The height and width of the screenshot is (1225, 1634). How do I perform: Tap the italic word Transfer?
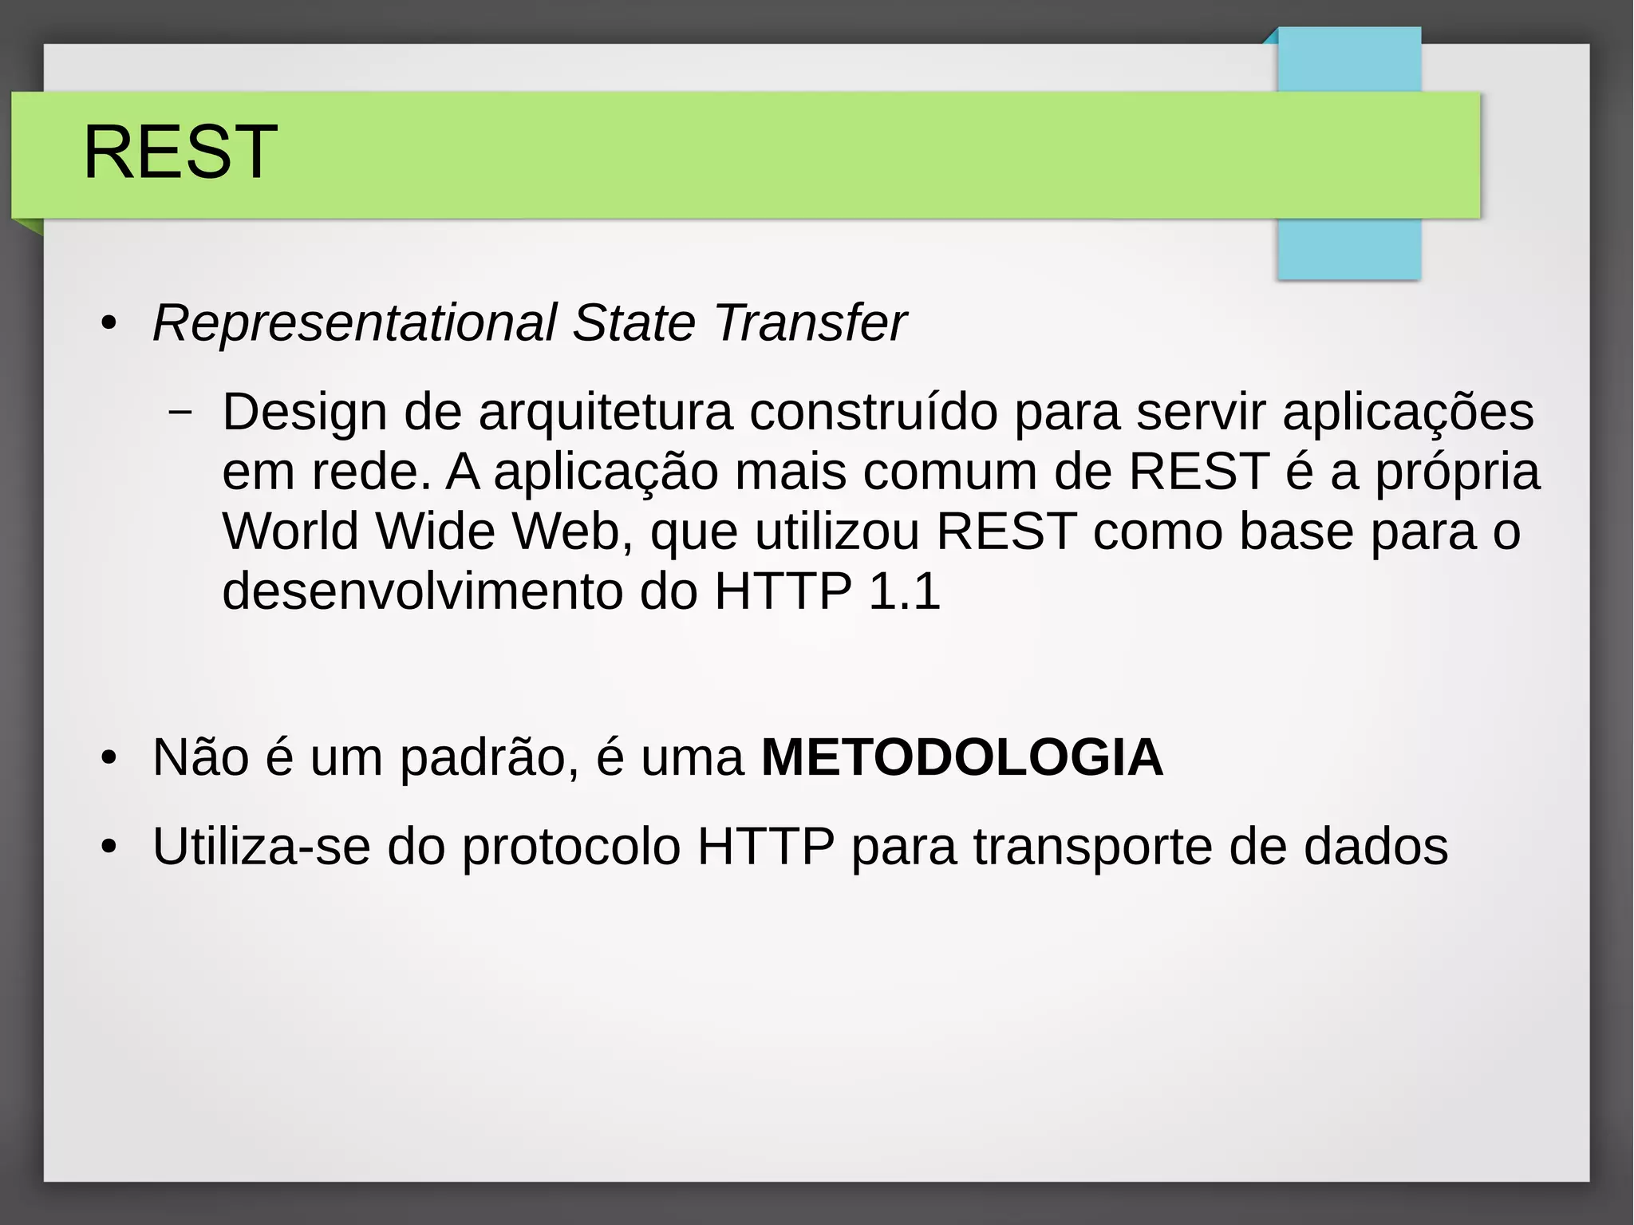(810, 323)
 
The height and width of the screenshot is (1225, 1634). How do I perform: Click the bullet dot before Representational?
(109, 325)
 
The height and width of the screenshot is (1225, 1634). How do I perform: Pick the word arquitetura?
(606, 413)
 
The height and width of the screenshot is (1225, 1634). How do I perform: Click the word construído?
(873, 413)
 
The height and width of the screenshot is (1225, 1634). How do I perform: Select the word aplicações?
(1407, 414)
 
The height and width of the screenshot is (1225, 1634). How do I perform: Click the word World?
(290, 531)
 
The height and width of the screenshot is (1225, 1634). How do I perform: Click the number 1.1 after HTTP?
(904, 591)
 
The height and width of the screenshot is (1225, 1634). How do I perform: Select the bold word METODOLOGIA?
(962, 757)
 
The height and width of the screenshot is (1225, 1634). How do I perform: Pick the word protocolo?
(571, 848)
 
